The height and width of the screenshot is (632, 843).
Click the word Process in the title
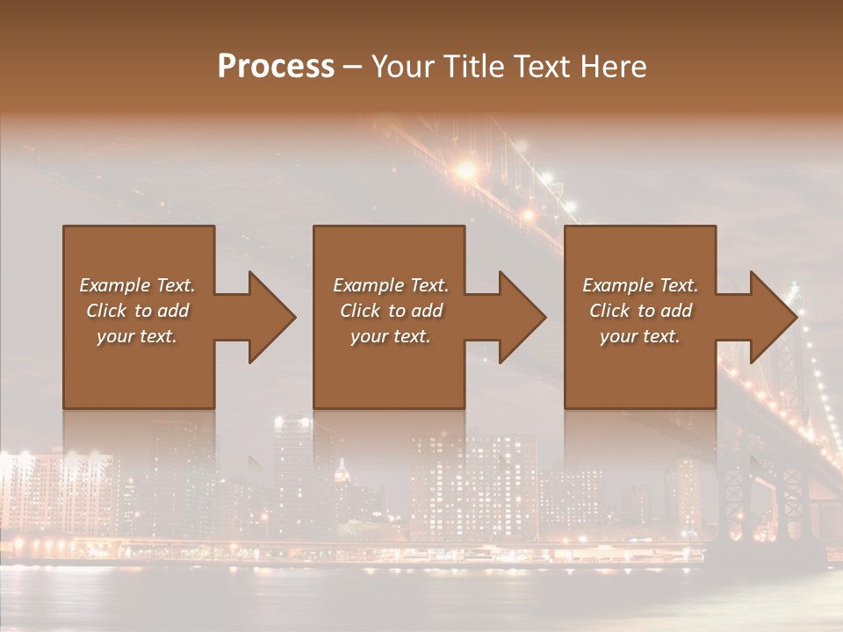(276, 67)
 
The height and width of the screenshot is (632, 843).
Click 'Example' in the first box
(114, 285)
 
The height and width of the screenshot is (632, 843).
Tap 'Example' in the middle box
(368, 285)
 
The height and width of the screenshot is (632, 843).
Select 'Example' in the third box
(617, 285)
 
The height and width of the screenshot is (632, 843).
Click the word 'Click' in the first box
(106, 311)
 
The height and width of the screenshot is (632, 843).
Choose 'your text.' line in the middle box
(390, 336)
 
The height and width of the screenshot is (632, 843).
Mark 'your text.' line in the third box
(639, 336)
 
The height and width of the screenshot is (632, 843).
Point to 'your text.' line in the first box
(136, 336)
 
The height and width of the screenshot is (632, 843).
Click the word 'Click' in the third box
(609, 311)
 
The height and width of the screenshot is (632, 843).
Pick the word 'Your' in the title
(399, 67)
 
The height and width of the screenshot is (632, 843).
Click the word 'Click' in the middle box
(360, 311)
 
